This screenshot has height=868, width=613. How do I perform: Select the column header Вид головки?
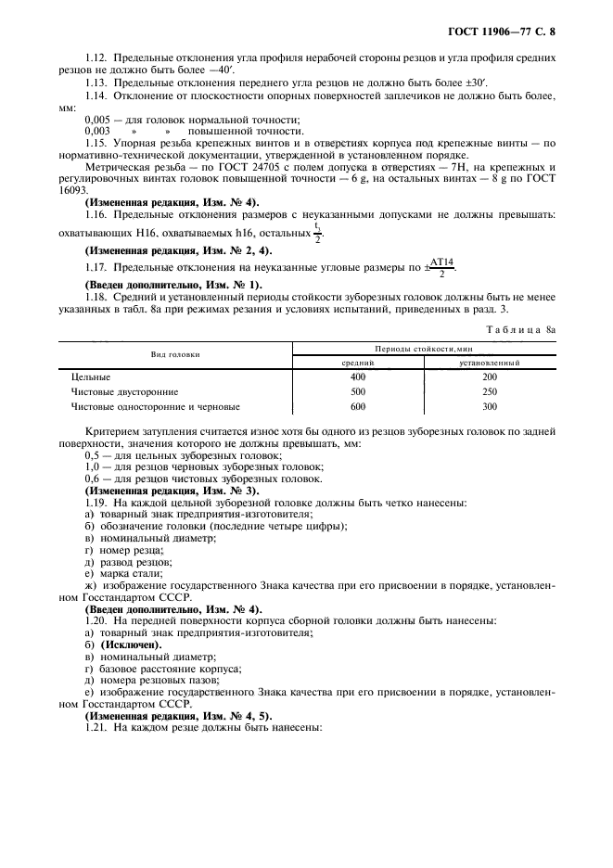point(176,355)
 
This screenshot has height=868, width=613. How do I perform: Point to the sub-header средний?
point(358,363)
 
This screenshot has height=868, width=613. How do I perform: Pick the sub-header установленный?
point(490,363)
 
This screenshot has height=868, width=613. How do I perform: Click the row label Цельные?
point(91,377)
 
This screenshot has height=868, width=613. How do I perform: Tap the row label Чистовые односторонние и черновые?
point(156,407)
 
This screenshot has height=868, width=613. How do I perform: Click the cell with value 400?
point(358,377)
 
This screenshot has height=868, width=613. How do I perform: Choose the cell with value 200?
point(490,377)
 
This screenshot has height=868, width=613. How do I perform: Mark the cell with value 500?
point(358,392)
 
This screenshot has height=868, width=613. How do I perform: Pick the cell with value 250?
point(490,392)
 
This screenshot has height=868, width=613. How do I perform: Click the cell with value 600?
point(358,407)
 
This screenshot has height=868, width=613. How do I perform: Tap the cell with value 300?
point(490,407)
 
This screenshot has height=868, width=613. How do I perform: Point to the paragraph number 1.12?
point(96,57)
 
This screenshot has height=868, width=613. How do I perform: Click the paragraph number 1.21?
point(96,729)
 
